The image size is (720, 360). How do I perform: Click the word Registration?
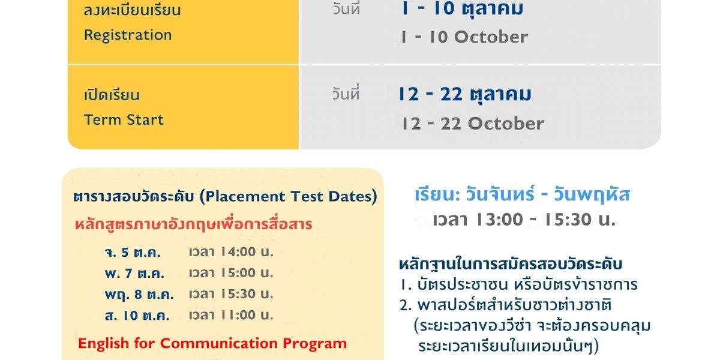point(128,35)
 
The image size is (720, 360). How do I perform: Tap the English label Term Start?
point(124,120)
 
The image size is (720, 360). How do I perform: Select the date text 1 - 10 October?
point(464,37)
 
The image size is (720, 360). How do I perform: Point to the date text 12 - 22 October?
point(473,124)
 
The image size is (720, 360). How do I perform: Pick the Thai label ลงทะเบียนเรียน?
point(132,10)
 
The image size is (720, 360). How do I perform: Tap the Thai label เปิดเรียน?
point(112,95)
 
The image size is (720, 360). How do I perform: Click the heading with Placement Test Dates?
point(225,196)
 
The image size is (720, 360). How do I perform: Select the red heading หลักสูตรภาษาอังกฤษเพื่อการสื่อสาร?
point(193,224)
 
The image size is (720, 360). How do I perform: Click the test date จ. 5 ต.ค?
point(133,253)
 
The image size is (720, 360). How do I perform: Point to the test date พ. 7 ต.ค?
point(134,274)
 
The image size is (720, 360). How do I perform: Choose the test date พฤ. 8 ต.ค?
point(139,295)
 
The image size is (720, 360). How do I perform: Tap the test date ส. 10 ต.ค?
point(137,316)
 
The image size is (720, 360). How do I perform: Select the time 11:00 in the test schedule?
point(238,316)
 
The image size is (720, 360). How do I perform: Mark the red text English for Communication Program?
point(212,343)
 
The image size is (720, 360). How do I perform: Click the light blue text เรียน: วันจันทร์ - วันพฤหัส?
point(523,195)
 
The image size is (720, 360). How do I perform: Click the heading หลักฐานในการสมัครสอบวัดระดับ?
point(511,264)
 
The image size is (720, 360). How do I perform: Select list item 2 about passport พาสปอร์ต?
point(524,326)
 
